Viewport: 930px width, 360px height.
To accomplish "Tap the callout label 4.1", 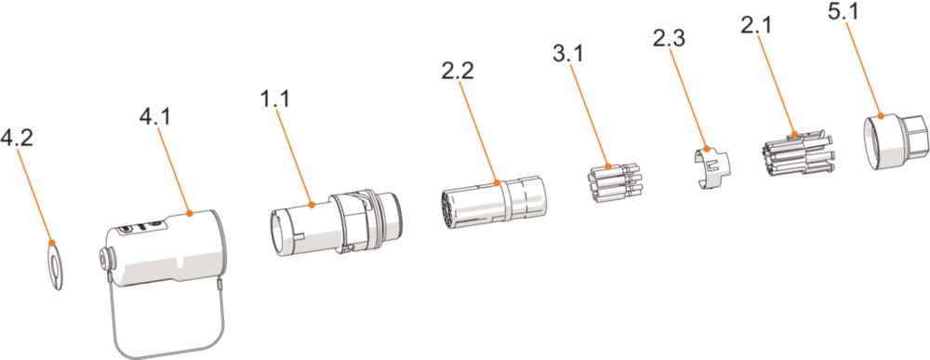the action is coord(154,117).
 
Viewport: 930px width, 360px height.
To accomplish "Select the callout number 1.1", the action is coord(274,99).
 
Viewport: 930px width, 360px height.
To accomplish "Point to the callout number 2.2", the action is coord(458,72).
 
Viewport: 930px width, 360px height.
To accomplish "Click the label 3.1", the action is coord(567,53).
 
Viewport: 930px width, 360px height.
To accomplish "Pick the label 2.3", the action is coord(669,38).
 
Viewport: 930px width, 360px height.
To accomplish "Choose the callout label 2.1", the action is coord(755,25).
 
